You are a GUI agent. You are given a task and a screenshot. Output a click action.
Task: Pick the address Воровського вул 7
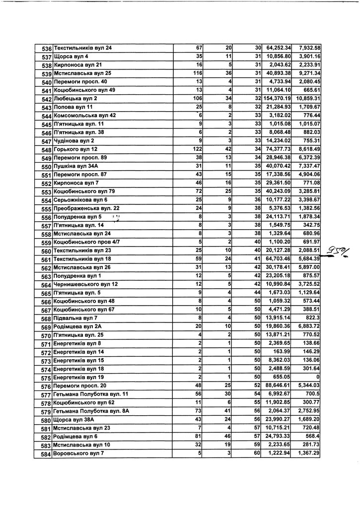[78, 453]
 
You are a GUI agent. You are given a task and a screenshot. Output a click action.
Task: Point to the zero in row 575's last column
[318, 377]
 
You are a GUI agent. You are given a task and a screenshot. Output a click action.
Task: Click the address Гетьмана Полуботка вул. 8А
[91, 411]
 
